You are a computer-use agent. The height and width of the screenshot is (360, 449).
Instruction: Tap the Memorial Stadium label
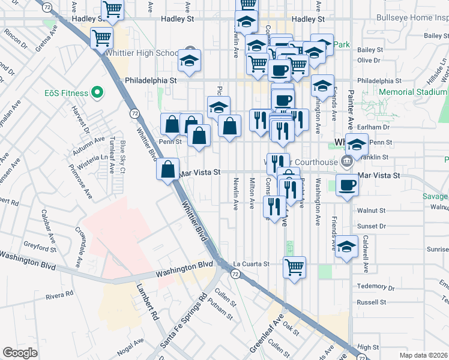pyautogui.click(x=414, y=92)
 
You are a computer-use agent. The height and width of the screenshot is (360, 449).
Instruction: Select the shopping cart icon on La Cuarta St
pyautogui.click(x=294, y=267)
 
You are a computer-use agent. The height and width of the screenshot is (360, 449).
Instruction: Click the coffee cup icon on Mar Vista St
pyautogui.click(x=346, y=185)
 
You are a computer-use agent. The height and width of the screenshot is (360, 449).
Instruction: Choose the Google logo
pyautogui.click(x=19, y=353)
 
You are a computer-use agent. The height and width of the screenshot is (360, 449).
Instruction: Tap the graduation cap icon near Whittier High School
pyautogui.click(x=190, y=61)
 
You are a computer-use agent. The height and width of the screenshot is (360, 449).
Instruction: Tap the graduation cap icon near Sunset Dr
pyautogui.click(x=346, y=247)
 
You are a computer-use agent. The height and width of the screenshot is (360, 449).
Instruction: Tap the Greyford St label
pyautogui.click(x=41, y=245)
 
